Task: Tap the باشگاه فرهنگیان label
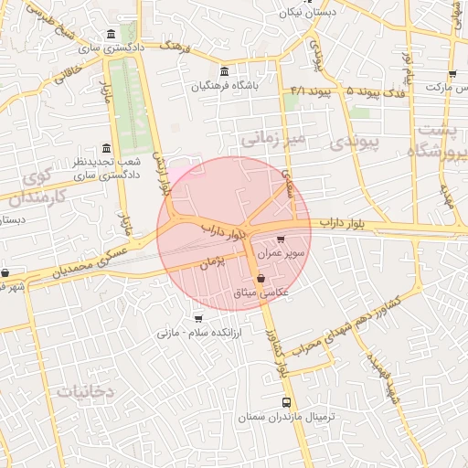(226, 87)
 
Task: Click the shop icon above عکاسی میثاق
(261, 278)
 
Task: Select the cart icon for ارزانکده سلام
(198, 319)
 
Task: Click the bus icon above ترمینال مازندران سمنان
(287, 401)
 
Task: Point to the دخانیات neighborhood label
(85, 391)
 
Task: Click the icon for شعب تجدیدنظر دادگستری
(107, 149)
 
